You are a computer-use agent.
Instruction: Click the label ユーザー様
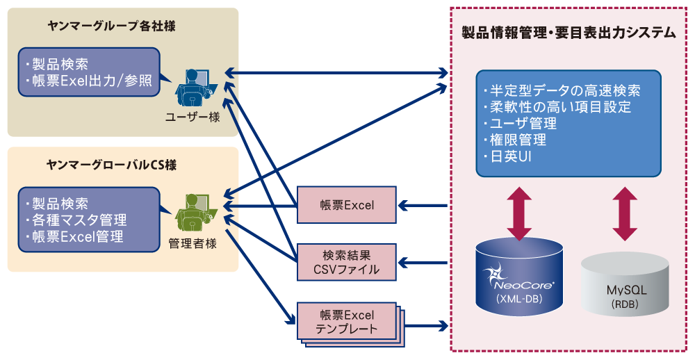pos(193,117)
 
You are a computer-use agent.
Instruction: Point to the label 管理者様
pos(193,243)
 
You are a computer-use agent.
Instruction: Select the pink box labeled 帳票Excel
pos(346,204)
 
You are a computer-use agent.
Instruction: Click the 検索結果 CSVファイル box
pos(346,262)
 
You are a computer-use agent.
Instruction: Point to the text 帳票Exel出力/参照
pos(88,81)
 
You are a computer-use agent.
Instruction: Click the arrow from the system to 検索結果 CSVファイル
pos(423,263)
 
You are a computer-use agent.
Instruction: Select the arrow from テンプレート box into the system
pos(423,325)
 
